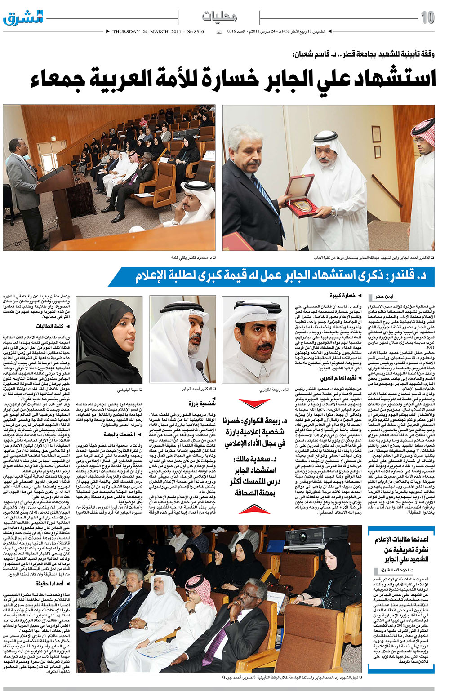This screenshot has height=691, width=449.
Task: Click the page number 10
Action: coord(427,18)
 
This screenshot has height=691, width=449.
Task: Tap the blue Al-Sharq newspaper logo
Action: coord(23,18)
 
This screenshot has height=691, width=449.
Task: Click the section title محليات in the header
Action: coord(219,17)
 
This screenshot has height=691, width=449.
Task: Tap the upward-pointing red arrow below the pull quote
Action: coord(254,509)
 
